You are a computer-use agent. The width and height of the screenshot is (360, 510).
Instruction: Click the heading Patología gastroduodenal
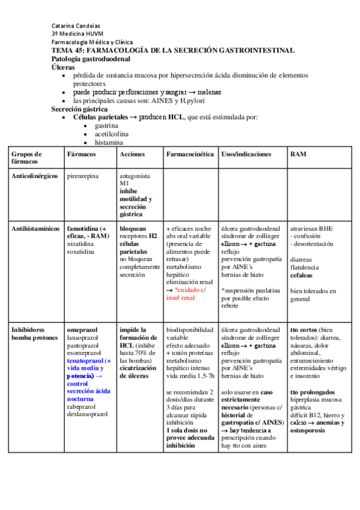pyautogui.click(x=91, y=60)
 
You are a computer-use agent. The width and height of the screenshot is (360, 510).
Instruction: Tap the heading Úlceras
pyautogui.click(x=63, y=68)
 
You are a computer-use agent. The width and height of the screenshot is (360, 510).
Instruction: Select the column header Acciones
pyautogui.click(x=132, y=155)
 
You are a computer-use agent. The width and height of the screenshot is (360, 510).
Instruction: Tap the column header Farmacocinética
pyautogui.click(x=190, y=155)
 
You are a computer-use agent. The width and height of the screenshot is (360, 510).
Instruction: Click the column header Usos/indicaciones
pyautogui.click(x=246, y=155)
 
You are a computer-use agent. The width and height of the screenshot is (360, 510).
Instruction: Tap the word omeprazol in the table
pyautogui.click(x=83, y=330)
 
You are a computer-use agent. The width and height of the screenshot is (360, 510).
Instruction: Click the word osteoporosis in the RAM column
pyautogui.click(x=311, y=431)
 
